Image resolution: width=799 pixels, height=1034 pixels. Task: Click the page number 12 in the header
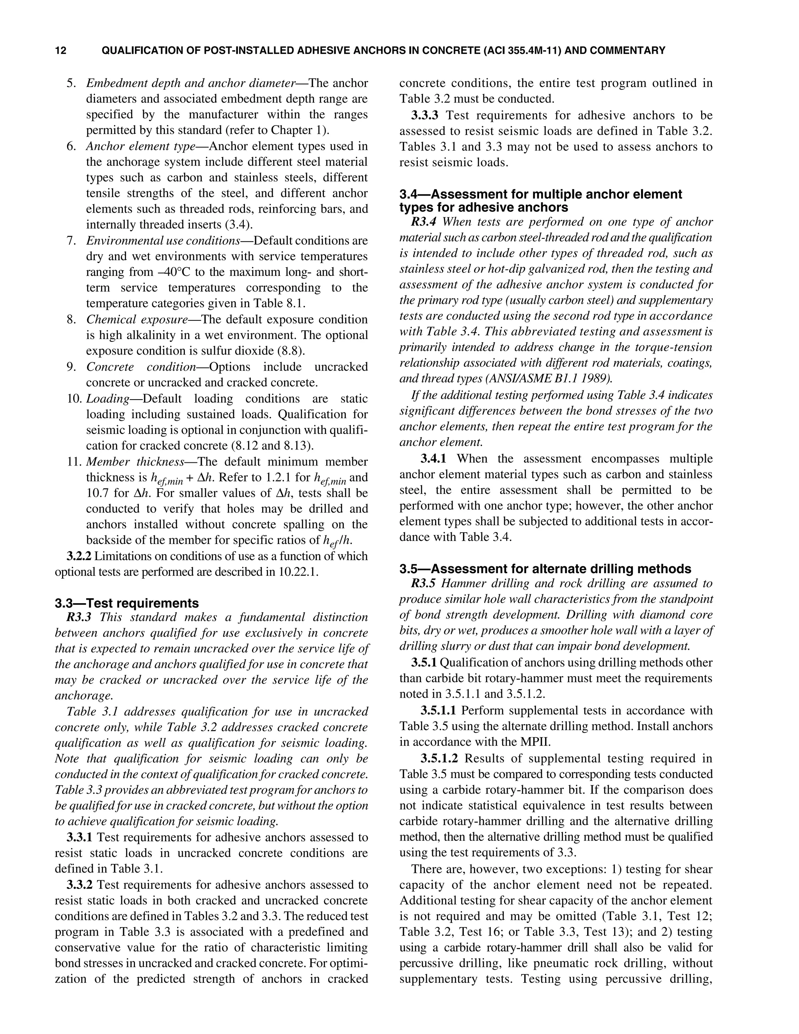(x=60, y=50)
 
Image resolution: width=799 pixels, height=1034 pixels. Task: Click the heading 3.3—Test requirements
(x=126, y=603)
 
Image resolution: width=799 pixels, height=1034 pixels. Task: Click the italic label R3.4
(x=423, y=222)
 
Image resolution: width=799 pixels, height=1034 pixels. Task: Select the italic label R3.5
(x=423, y=583)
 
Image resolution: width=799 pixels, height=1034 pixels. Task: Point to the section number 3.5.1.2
(x=439, y=759)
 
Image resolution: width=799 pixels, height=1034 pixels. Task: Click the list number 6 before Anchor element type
(x=71, y=146)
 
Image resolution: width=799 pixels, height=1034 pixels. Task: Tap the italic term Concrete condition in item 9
(x=140, y=367)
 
